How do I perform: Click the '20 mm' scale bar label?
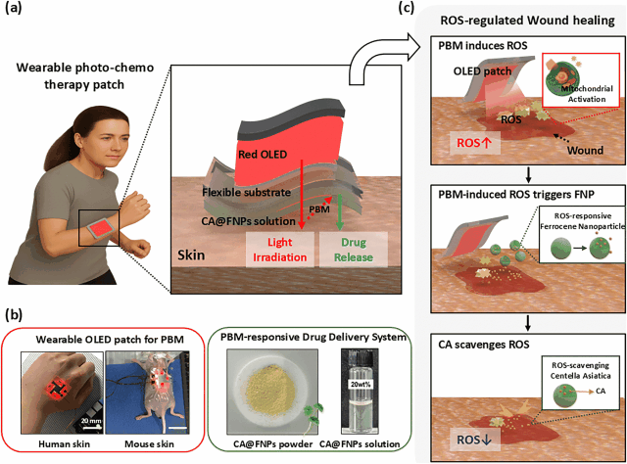pyautogui.click(x=88, y=422)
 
